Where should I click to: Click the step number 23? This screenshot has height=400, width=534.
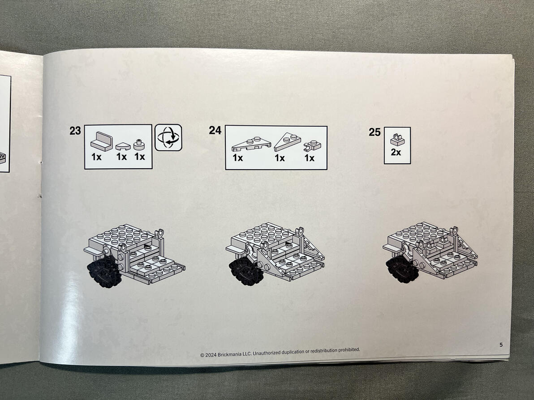pos(75,131)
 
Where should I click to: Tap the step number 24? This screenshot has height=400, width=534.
pos(215,130)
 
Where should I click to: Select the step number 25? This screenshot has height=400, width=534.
pos(375,132)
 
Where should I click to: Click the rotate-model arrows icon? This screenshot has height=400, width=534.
pos(168,137)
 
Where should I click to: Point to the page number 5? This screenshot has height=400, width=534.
pos(501,345)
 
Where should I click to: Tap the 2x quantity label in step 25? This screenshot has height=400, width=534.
pos(396,152)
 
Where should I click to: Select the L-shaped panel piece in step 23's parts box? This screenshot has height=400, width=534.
pos(102,141)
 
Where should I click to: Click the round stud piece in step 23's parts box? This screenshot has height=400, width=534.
pos(139,145)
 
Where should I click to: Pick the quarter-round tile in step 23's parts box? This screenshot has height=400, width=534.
pos(123,147)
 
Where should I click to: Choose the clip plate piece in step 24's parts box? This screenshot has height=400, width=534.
pos(312,145)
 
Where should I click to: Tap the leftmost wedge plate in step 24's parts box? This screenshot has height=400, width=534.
pos(251,144)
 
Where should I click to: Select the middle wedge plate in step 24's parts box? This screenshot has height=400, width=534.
pos(288,141)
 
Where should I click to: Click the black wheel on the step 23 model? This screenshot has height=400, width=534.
pos(104,271)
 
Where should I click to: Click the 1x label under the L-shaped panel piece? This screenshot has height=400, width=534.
pos(96,157)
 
